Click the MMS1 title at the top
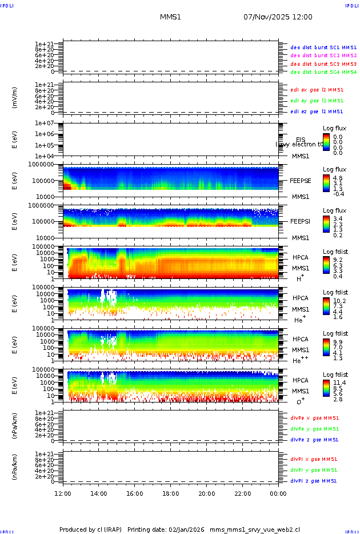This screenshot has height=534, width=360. click(170, 17)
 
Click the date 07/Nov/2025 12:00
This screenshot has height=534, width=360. click(278, 17)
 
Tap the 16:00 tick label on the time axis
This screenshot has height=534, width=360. click(134, 493)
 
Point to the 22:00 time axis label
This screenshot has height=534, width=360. click(242, 493)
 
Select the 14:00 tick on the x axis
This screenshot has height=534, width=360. click(99, 493)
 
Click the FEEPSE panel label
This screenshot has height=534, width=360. click(299, 181)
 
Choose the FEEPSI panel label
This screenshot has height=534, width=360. click(299, 221)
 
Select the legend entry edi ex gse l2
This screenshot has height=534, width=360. click(317, 90)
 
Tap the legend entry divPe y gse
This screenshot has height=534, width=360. click(314, 429)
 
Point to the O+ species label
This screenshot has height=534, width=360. click(300, 401)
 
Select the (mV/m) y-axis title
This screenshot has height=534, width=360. click(15, 98)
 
